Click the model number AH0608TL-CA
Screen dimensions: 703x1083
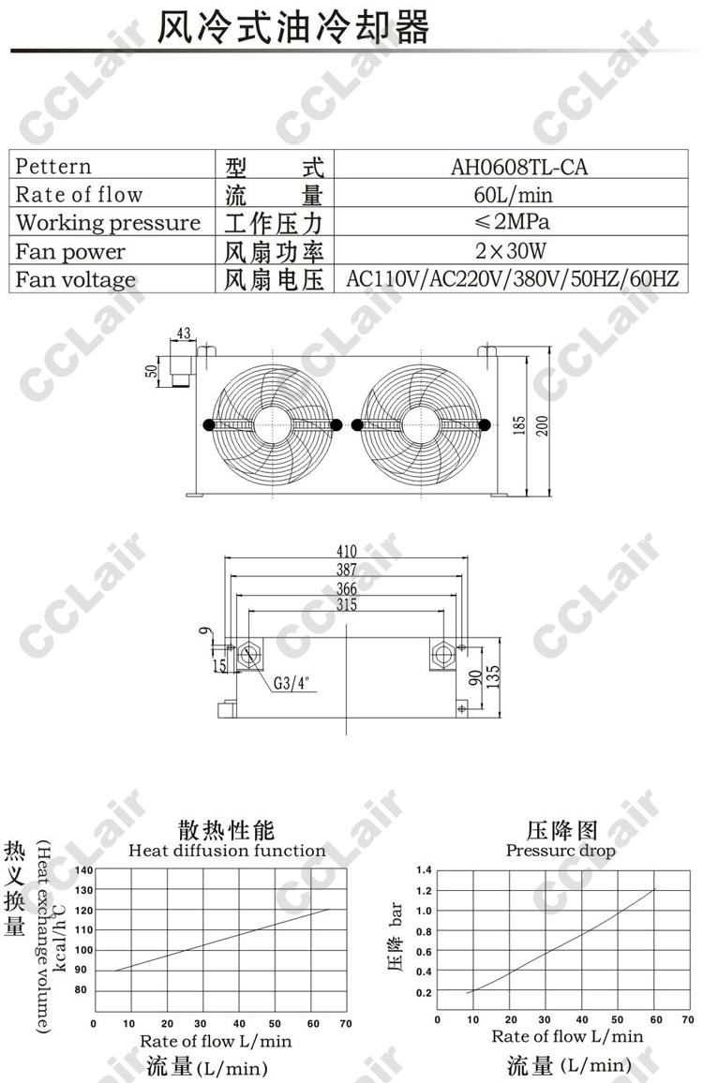[x=518, y=167]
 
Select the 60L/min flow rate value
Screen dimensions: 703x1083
[x=513, y=194]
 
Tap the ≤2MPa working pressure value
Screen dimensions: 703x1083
[x=512, y=222]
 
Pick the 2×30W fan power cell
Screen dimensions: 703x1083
[x=511, y=250]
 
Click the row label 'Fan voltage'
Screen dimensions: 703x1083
[x=75, y=279]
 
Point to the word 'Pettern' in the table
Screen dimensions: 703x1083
[x=53, y=167]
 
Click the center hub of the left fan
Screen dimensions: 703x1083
[x=273, y=424]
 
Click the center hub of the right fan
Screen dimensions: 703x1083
[x=420, y=424]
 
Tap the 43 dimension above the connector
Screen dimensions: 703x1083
[x=183, y=334]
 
